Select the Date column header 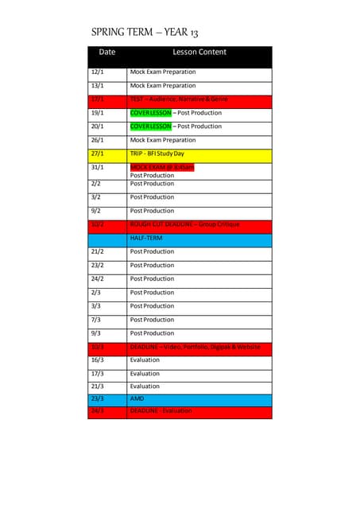[x=107, y=52]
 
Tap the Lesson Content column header [x=199, y=52]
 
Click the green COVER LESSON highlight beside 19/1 [x=150, y=113]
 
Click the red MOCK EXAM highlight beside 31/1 [x=162, y=167]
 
